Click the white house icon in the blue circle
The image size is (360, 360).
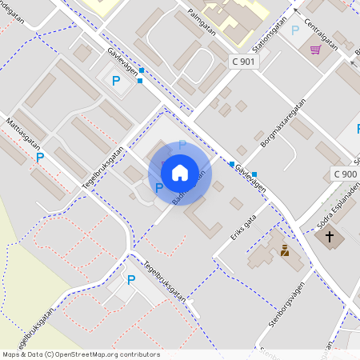click(x=180, y=172)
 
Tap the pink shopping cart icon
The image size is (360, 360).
click(x=316, y=50)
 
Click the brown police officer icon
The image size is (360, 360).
click(x=283, y=250)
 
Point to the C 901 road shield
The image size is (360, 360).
click(x=243, y=62)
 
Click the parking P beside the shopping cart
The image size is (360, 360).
click(x=295, y=30)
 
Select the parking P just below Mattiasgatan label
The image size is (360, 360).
click(x=39, y=158)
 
